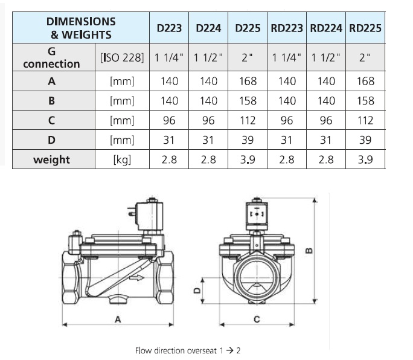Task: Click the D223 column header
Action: (169, 28)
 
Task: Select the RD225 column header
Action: (365, 28)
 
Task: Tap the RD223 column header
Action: (287, 28)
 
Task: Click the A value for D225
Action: (248, 81)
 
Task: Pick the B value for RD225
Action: (365, 101)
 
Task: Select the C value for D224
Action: (208, 120)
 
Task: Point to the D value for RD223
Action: (287, 140)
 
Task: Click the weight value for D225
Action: (248, 159)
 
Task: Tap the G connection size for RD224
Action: (326, 57)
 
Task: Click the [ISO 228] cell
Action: (122, 57)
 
